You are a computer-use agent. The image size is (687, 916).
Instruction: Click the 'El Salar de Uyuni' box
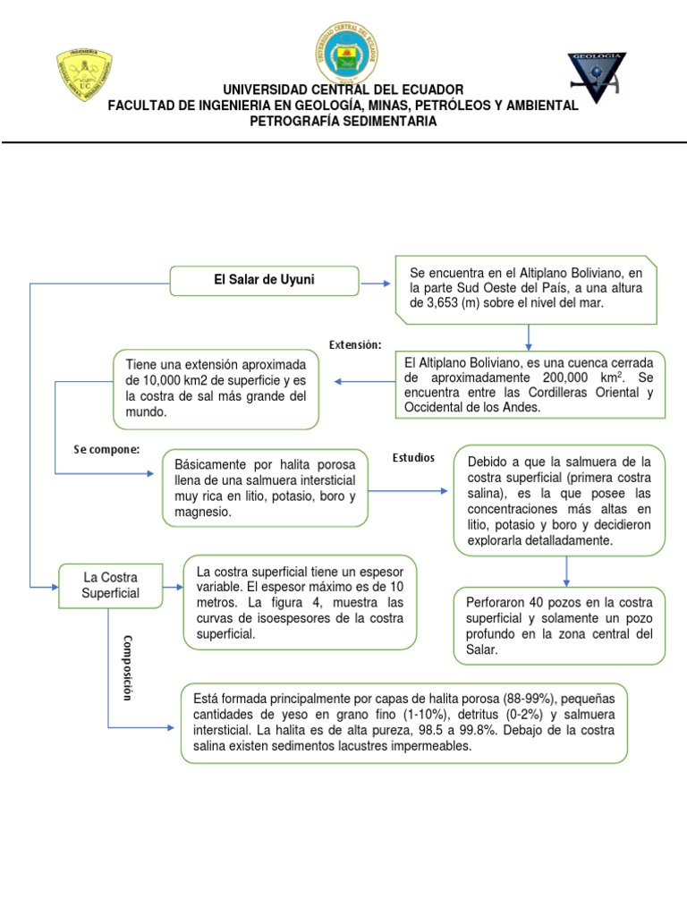pos(264,280)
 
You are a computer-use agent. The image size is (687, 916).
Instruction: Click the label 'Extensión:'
pos(355,344)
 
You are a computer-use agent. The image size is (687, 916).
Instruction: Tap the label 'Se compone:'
pos(107,449)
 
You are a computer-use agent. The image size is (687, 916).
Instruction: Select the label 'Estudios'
pos(413,458)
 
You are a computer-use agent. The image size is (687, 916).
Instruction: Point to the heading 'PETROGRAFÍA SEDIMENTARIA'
pos(343,122)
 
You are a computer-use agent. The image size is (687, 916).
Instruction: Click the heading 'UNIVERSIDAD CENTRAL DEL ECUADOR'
pos(343,89)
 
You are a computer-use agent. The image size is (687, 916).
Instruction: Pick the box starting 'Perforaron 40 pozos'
pos(559,625)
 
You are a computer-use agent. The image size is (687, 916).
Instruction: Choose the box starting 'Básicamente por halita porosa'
pos(265,488)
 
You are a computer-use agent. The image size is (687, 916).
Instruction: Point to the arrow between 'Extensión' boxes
pos(364,382)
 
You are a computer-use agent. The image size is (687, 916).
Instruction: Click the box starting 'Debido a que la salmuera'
pos(559,501)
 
